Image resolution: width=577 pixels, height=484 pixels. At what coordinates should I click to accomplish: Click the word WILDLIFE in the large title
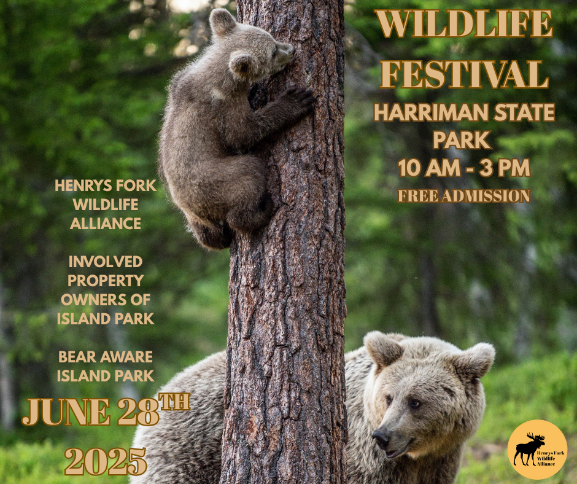pos(463,25)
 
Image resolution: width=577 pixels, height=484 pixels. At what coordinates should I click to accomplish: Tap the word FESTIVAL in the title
pos(464,75)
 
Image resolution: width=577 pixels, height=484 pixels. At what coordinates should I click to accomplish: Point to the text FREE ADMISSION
pos(464,196)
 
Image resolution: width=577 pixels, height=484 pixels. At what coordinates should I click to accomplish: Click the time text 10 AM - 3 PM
pos(464,168)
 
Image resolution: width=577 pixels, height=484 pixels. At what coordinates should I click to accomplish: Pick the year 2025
pos(106,461)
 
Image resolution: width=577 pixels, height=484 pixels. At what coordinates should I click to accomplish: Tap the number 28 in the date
pos(137,412)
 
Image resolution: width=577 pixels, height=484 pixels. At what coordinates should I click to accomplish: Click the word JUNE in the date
pos(66,412)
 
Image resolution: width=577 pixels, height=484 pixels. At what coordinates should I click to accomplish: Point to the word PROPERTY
pos(106,281)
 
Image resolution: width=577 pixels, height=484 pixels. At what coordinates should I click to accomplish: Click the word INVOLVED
pos(106,262)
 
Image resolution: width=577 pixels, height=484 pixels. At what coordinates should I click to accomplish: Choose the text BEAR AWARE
pos(106,357)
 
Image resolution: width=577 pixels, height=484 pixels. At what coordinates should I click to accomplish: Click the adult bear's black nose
pos(381,437)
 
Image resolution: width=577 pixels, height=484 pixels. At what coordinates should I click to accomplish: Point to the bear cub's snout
pos(287,50)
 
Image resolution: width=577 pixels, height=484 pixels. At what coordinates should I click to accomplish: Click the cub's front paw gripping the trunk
pos(299,97)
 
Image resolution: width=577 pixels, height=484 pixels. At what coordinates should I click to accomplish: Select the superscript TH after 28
pos(174,402)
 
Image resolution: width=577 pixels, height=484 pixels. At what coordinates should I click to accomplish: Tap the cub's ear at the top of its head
pos(222,21)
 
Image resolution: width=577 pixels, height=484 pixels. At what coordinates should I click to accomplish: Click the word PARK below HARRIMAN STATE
pos(462,140)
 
